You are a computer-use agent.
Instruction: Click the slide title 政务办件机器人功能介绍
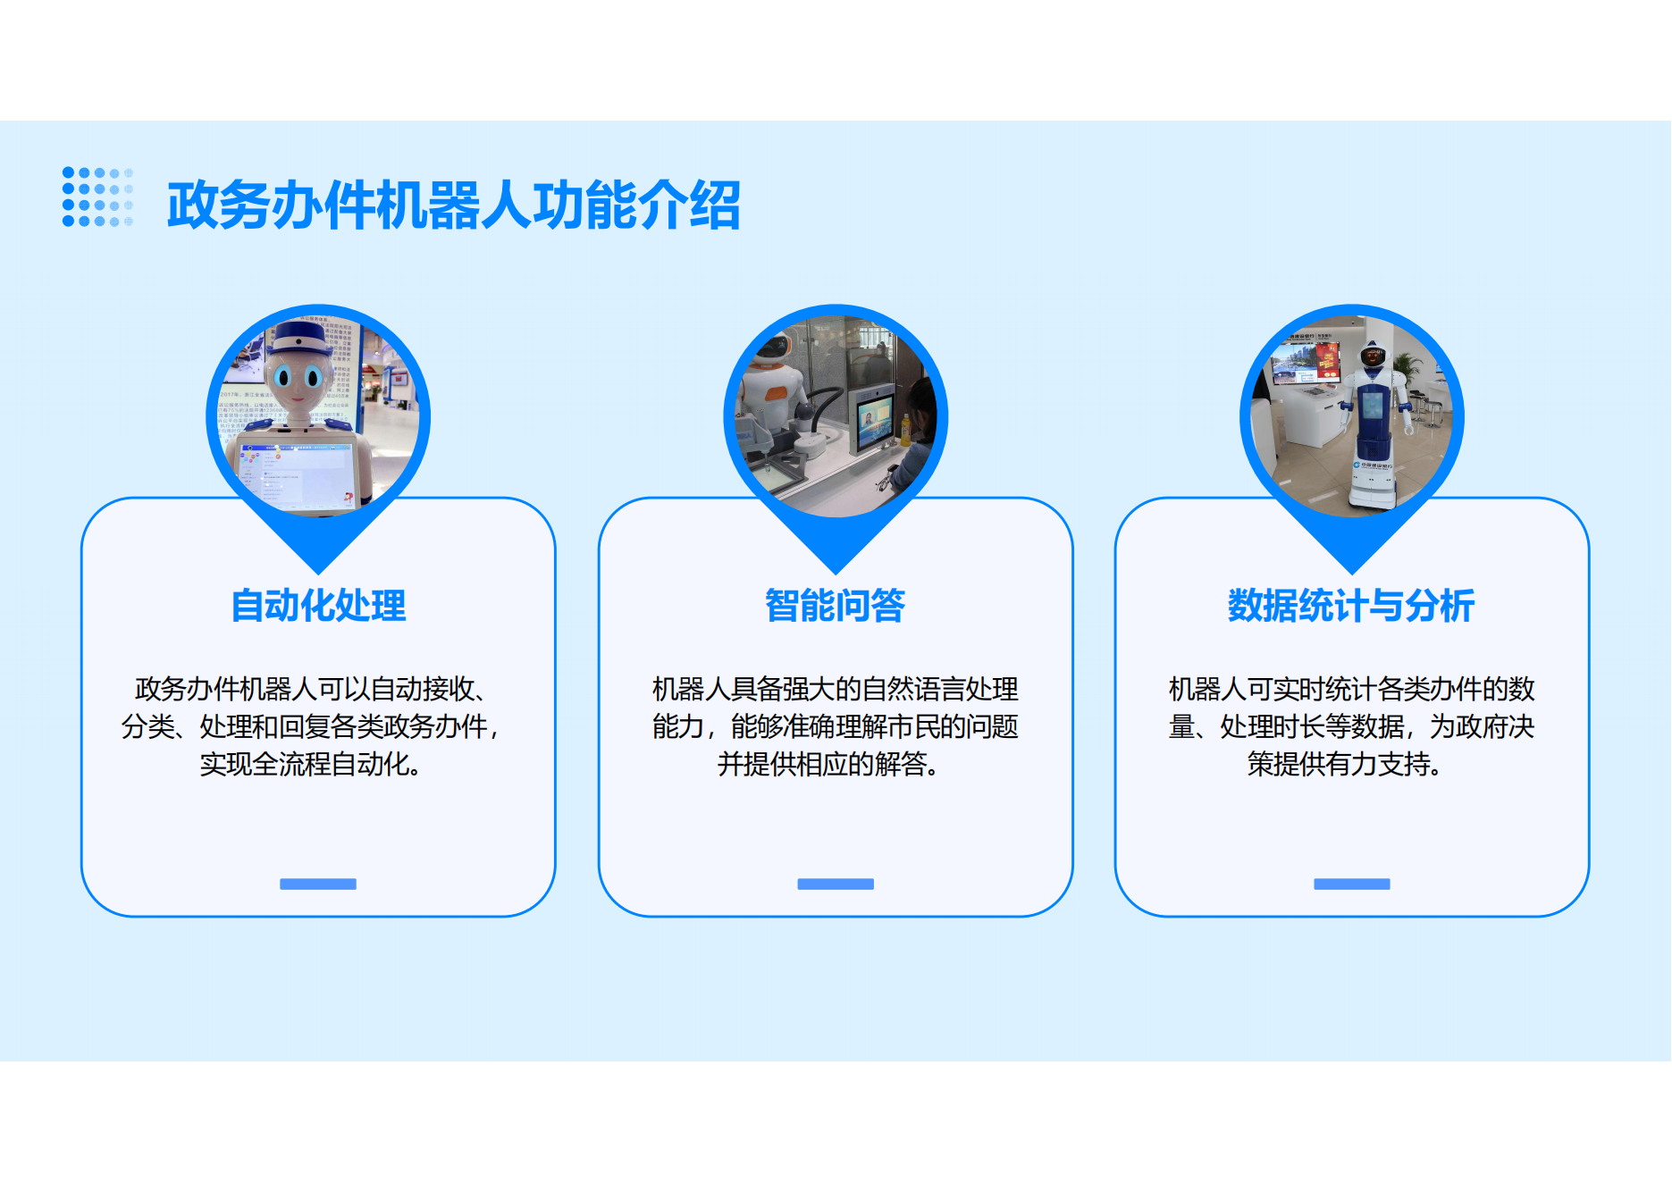click(453, 205)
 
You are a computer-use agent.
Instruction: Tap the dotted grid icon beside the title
click(97, 197)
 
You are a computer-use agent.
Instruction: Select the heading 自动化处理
click(318, 606)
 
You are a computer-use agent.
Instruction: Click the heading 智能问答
click(836, 606)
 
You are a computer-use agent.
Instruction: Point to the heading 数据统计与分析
click(1351, 606)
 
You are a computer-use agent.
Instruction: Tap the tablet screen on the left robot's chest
click(295, 474)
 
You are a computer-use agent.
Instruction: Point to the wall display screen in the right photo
click(1307, 363)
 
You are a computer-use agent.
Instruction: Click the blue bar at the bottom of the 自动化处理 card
click(318, 884)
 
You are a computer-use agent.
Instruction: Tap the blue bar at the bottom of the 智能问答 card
click(836, 884)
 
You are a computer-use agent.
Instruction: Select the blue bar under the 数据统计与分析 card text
click(1352, 884)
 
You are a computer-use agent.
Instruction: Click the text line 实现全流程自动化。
click(311, 765)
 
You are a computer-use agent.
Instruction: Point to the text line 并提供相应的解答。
click(828, 765)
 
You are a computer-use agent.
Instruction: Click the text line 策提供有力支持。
click(1345, 765)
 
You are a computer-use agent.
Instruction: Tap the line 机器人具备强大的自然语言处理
click(836, 690)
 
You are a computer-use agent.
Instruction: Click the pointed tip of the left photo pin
click(318, 574)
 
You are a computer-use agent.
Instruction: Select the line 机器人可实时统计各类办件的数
click(1351, 690)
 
